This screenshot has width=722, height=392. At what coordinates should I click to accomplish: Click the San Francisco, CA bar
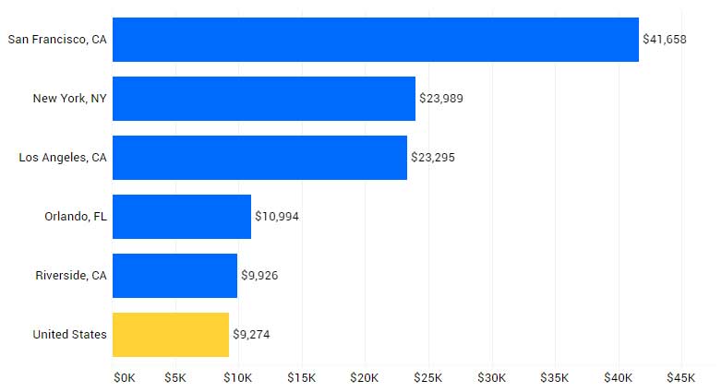pyautogui.click(x=375, y=40)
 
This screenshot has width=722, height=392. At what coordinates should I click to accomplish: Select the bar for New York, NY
pyautogui.click(x=263, y=99)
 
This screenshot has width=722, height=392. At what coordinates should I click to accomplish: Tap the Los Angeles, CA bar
pyautogui.click(x=259, y=158)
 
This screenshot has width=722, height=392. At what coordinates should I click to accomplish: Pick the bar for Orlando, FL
pyautogui.click(x=181, y=217)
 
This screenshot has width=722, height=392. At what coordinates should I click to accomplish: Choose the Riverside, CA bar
pyautogui.click(x=174, y=276)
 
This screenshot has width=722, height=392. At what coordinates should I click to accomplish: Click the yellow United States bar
pyautogui.click(x=170, y=335)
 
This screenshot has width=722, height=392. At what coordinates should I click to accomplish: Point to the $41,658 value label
pyautogui.click(x=665, y=40)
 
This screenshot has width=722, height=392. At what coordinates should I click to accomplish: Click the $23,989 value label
pyautogui.click(x=441, y=99)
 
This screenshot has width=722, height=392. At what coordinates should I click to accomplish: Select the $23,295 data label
pyautogui.click(x=433, y=158)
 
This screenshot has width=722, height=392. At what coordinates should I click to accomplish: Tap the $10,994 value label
pyautogui.click(x=277, y=217)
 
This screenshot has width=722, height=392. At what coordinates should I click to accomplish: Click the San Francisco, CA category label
pyautogui.click(x=57, y=40)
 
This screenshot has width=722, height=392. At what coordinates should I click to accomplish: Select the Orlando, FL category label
pyautogui.click(x=76, y=217)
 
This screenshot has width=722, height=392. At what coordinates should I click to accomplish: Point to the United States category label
pyautogui.click(x=69, y=335)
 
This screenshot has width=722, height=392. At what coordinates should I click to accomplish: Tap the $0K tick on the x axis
pyautogui.click(x=124, y=378)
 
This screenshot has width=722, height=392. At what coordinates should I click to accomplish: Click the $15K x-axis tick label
pyautogui.click(x=301, y=378)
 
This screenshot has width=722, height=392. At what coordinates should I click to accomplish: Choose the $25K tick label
pyautogui.click(x=427, y=378)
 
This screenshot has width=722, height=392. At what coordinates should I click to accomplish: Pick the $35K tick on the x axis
pyautogui.click(x=554, y=378)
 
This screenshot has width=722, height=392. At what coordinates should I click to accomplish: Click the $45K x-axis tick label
pyautogui.click(x=680, y=378)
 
